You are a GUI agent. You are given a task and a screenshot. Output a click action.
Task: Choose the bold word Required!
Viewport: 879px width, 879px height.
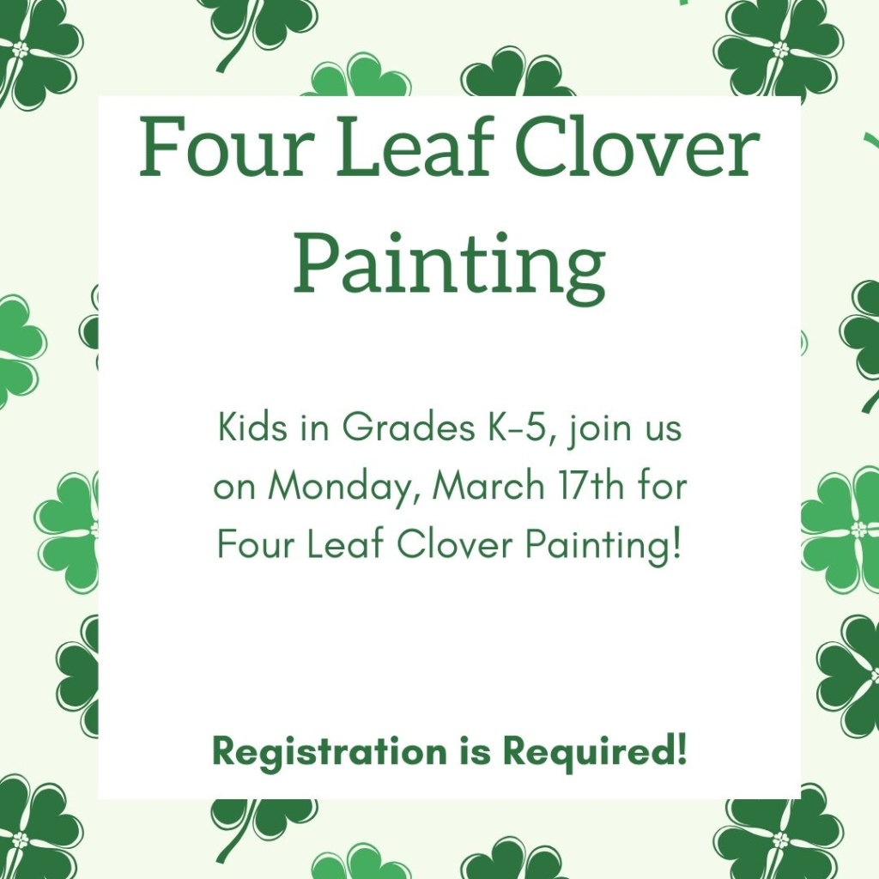(595, 752)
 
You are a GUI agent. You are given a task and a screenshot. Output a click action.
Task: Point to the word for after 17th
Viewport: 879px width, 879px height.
(661, 487)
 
